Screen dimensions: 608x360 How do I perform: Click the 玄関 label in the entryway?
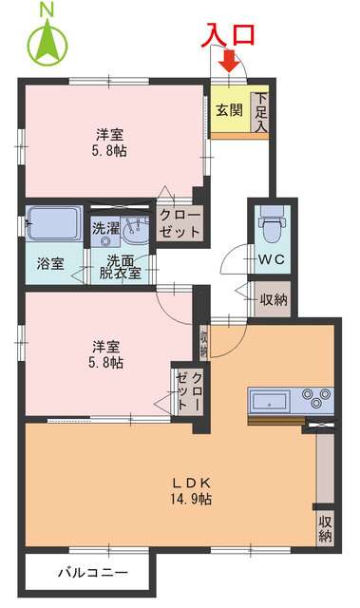click(x=229, y=109)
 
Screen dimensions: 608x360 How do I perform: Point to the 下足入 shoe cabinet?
click(x=259, y=110)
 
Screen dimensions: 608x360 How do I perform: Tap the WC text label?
click(x=270, y=258)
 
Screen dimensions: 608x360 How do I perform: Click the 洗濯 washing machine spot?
click(x=104, y=229)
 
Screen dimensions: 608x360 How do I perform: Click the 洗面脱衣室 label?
click(x=123, y=266)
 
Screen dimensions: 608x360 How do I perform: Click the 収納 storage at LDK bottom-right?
click(x=326, y=529)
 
